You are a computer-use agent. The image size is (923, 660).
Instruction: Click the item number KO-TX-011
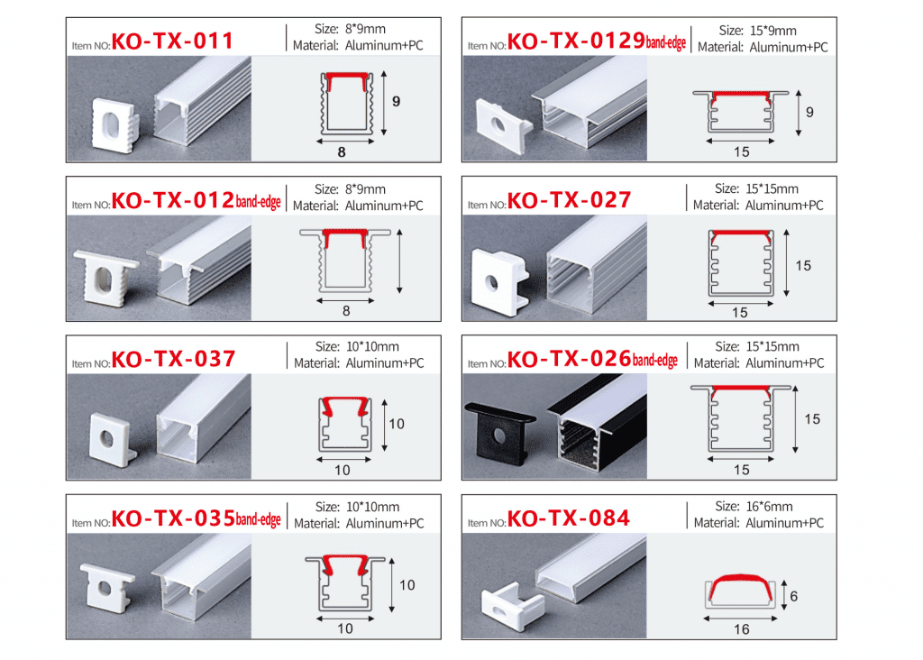coord(172,41)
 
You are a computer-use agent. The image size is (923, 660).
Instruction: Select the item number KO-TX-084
coord(569,518)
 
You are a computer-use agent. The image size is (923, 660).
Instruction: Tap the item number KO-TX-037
coord(173,359)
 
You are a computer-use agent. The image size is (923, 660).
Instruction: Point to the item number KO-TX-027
coord(570,199)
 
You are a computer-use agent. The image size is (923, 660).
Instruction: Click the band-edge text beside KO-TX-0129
coord(666,42)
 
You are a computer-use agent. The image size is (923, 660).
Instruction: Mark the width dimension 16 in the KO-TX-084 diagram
coord(741,629)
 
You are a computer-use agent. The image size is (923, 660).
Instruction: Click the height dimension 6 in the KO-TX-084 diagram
coord(793,596)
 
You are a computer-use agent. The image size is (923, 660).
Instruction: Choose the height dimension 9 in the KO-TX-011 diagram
coord(396,103)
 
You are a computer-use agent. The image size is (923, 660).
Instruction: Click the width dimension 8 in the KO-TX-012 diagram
coord(345,311)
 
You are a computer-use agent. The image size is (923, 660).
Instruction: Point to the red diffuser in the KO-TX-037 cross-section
coord(343,408)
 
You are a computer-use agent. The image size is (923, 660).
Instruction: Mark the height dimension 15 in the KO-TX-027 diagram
coord(803,265)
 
